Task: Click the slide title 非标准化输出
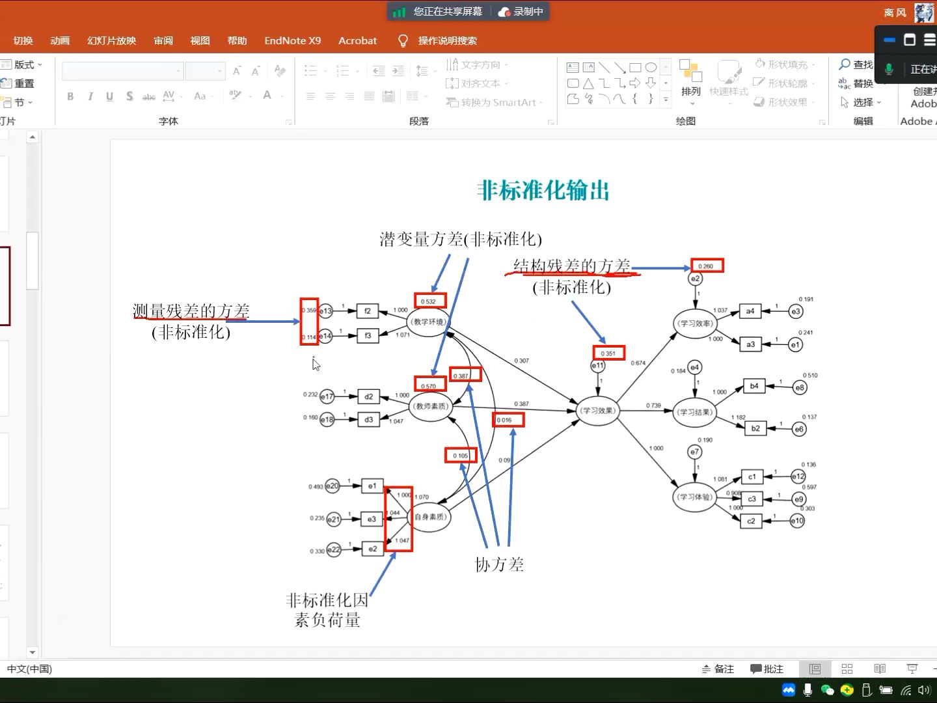[543, 191]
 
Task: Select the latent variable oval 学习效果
[598, 411]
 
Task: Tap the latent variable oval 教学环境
[428, 322]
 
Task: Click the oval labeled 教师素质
[431, 406]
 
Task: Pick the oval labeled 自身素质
[430, 517]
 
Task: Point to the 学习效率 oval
[695, 324]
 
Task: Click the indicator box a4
[750, 311]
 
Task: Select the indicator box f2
[368, 311]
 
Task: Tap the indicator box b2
[755, 428]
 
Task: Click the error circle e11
[597, 366]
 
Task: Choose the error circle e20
[333, 486]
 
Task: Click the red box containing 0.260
[707, 266]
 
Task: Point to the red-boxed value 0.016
[508, 420]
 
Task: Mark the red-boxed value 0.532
[430, 301]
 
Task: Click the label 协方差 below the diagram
[499, 565]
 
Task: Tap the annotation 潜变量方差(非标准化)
[461, 240]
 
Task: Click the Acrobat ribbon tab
[357, 40]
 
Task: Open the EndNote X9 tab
[292, 40]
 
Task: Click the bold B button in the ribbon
[70, 96]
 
